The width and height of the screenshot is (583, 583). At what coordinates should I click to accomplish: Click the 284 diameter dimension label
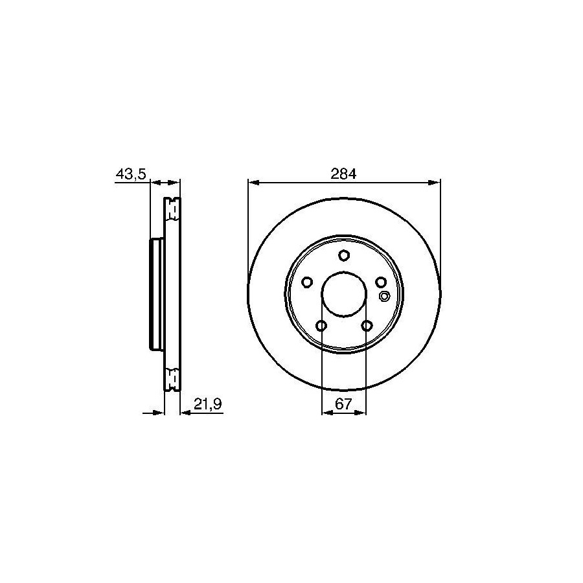point(343,174)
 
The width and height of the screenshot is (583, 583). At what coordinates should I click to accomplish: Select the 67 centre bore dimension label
point(343,404)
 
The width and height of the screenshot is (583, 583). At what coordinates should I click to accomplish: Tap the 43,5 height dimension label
point(131,174)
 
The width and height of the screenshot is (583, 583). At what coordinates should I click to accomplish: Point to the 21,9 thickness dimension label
point(207,404)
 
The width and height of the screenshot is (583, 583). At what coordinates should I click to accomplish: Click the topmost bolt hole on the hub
point(344,255)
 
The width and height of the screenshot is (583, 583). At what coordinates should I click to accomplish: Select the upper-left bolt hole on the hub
point(307,282)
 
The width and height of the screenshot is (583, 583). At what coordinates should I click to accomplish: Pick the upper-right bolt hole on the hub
point(381,282)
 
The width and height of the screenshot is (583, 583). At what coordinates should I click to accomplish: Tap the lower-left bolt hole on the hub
point(321,326)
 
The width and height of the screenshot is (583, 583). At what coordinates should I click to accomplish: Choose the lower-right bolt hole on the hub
point(367,326)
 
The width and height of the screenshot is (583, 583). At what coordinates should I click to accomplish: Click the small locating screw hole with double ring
point(384,296)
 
